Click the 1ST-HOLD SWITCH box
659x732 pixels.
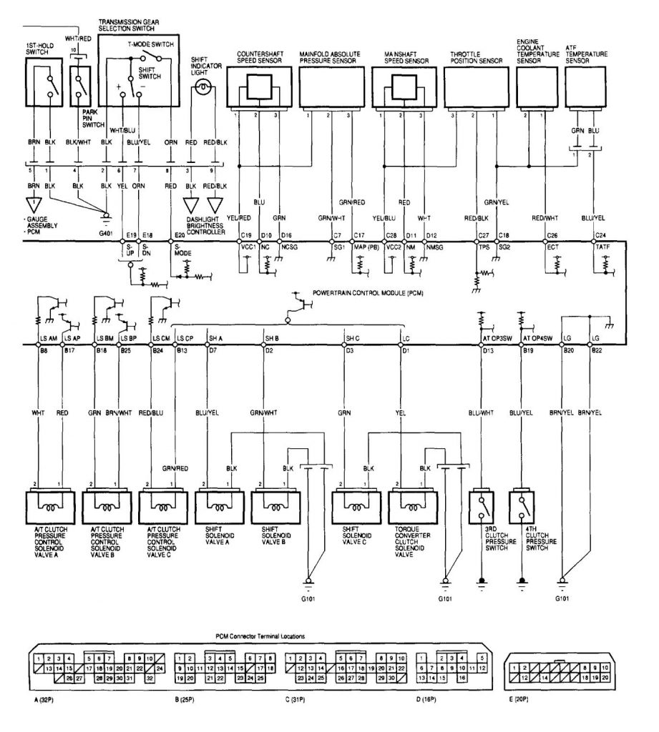tap(44, 86)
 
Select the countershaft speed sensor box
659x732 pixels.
tap(257, 89)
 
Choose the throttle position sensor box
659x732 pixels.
tap(477, 89)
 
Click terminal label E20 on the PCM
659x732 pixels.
tap(180, 234)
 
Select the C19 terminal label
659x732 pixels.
tap(246, 234)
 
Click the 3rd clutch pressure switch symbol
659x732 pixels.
tap(481, 506)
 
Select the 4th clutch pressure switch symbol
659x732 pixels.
tap(522, 506)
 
